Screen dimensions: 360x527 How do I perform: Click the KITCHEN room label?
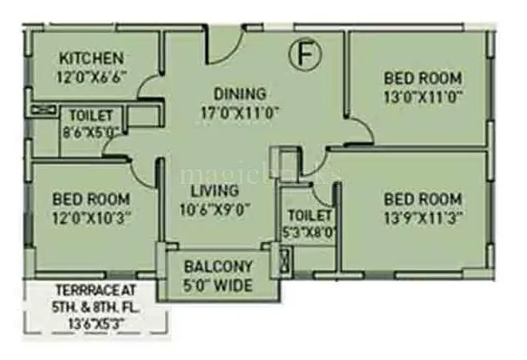[x=91, y=59]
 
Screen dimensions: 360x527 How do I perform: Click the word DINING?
[x=240, y=94]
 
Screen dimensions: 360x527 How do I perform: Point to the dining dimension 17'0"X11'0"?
[x=240, y=111]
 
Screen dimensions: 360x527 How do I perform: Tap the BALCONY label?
[x=218, y=267]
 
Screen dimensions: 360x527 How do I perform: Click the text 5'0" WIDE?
[x=218, y=284]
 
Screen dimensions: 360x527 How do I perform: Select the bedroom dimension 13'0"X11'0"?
[x=422, y=95]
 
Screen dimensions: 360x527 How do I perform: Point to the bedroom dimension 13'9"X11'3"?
[x=422, y=216]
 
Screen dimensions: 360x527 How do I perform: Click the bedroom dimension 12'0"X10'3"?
[x=90, y=216]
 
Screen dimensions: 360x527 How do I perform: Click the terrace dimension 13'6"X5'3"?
[x=96, y=318]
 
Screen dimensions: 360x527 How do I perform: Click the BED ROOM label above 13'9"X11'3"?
[x=422, y=199]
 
